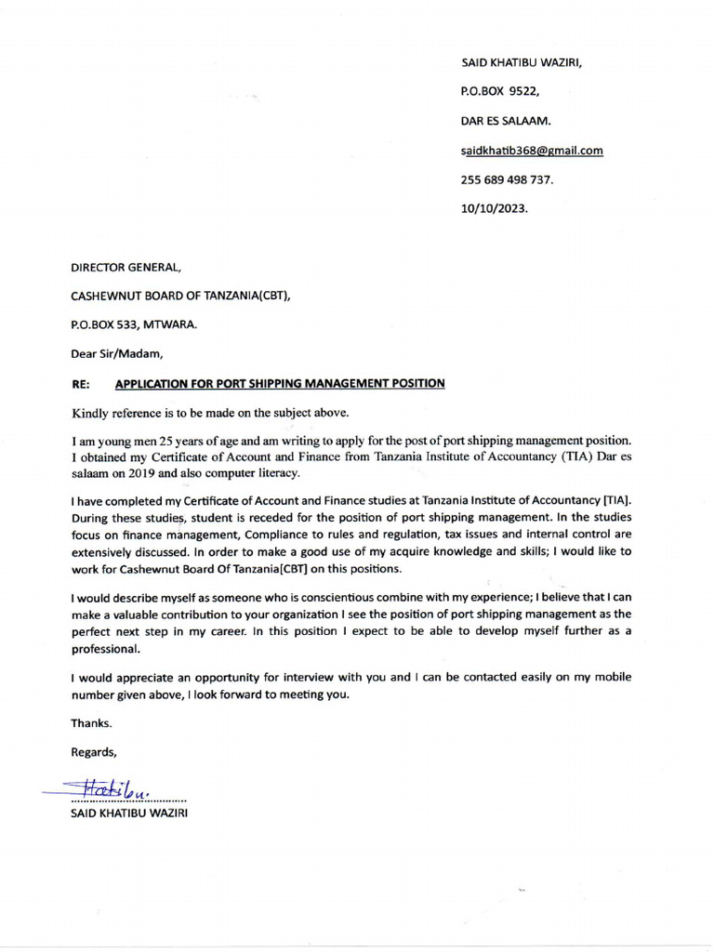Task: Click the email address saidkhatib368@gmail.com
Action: pyautogui.click(x=532, y=151)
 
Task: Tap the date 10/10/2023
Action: pyautogui.click(x=494, y=209)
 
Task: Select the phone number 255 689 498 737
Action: pyautogui.click(x=508, y=180)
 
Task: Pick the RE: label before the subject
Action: pyautogui.click(x=81, y=383)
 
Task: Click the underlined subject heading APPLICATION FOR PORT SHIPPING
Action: pyautogui.click(x=279, y=383)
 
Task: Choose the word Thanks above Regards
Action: pyautogui.click(x=91, y=722)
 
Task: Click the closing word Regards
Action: pyautogui.click(x=94, y=751)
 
